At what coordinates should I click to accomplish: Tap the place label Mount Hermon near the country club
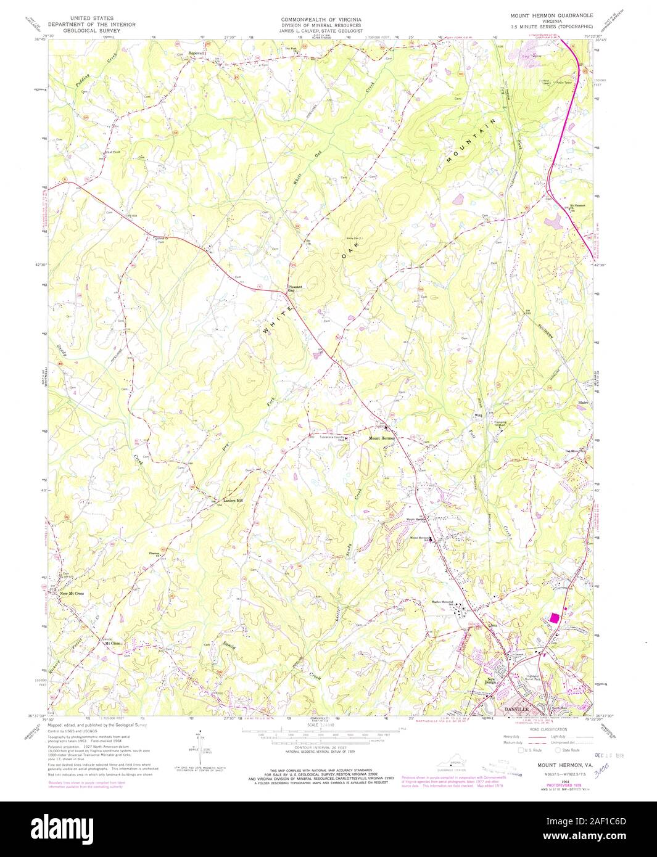pyautogui.click(x=382, y=438)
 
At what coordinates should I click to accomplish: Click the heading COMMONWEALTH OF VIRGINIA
pyautogui.click(x=321, y=20)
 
